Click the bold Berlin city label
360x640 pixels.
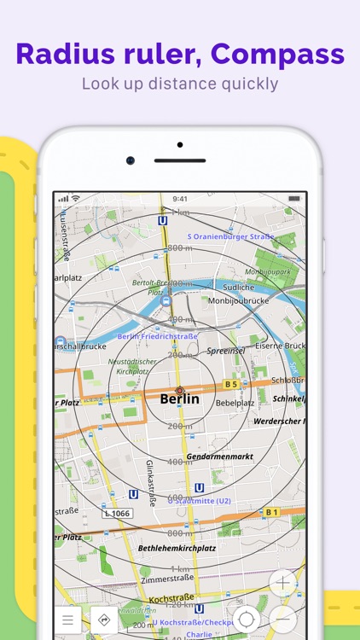click(x=179, y=399)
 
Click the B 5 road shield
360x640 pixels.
click(x=230, y=384)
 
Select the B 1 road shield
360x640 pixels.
click(x=271, y=512)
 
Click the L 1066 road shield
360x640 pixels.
click(x=118, y=513)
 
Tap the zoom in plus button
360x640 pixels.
click(x=283, y=584)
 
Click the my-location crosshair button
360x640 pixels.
click(x=246, y=620)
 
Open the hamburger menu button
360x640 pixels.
click(x=67, y=620)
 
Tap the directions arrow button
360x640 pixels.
click(x=104, y=620)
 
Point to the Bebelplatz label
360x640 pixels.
click(x=235, y=402)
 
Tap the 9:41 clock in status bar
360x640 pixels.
click(x=179, y=198)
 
